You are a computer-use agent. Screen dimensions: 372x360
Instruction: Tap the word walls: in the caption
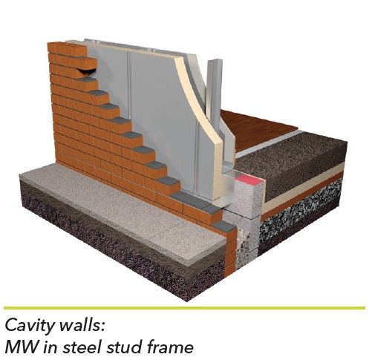[x=82, y=324]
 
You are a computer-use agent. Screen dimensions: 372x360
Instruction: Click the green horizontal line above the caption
[x=184, y=308]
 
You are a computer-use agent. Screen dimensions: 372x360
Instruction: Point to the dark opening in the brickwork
[x=86, y=72]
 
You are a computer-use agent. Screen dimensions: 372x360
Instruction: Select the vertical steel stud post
[x=214, y=91]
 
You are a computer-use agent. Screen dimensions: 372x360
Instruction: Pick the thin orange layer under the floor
[x=302, y=195]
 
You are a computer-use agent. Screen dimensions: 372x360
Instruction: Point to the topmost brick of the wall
[x=67, y=48]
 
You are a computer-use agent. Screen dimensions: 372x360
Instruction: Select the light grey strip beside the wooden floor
[x=267, y=143]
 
